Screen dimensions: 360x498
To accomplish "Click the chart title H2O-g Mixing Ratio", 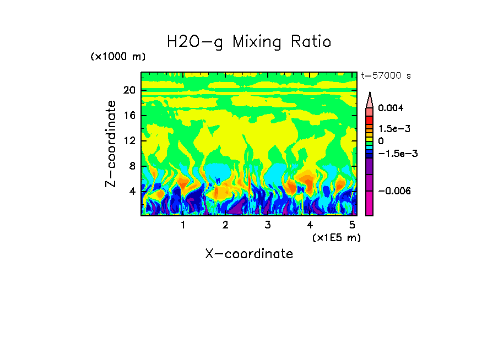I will pyautogui.click(x=249, y=42).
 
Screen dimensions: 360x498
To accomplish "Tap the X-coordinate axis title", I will pyautogui.click(x=249, y=254).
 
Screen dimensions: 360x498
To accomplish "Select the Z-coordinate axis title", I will pyautogui.click(x=111, y=144).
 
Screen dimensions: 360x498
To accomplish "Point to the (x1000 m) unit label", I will pyautogui.click(x=117, y=57).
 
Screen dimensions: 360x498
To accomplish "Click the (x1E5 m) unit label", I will pyautogui.click(x=336, y=237).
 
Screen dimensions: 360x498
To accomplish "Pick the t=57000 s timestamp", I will pyautogui.click(x=386, y=76).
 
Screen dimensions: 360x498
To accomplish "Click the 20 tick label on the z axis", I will pyautogui.click(x=129, y=91).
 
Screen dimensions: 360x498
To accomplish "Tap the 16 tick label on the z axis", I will pyautogui.click(x=129, y=116).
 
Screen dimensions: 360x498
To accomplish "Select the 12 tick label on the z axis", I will pyautogui.click(x=129, y=141).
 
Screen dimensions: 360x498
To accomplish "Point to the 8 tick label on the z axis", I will pyautogui.click(x=132, y=166).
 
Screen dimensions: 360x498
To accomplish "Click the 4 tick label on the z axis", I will pyautogui.click(x=132, y=192).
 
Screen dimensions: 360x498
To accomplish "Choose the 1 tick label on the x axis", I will pyautogui.click(x=183, y=225).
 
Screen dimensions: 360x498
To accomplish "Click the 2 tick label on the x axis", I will pyautogui.click(x=225, y=225).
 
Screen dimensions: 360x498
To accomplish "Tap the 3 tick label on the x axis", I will pyautogui.click(x=268, y=225).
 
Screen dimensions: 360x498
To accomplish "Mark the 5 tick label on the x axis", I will pyautogui.click(x=352, y=225).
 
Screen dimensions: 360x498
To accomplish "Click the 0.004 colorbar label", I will pyautogui.click(x=391, y=108).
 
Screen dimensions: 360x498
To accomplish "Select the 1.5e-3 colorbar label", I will pyautogui.click(x=394, y=129).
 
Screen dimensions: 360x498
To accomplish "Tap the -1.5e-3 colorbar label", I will pyautogui.click(x=397, y=154).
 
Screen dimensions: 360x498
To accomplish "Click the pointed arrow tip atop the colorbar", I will pyautogui.click(x=370, y=94).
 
